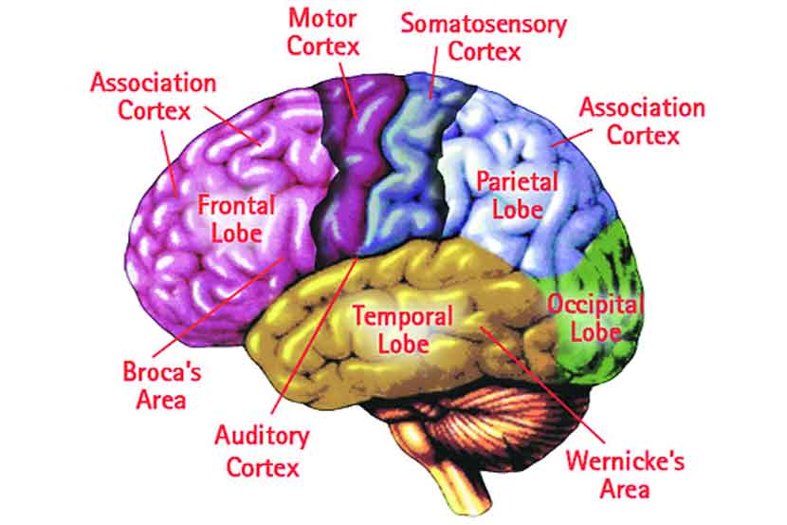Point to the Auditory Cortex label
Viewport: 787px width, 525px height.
262,451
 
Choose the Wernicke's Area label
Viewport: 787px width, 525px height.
624,475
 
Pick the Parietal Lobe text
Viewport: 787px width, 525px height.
517,194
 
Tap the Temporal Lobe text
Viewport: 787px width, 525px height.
402,328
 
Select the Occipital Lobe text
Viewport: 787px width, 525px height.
596,318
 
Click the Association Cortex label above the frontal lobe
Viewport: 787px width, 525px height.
155,95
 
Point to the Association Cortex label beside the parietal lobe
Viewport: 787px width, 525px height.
642,121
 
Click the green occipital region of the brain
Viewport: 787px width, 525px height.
607,266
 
